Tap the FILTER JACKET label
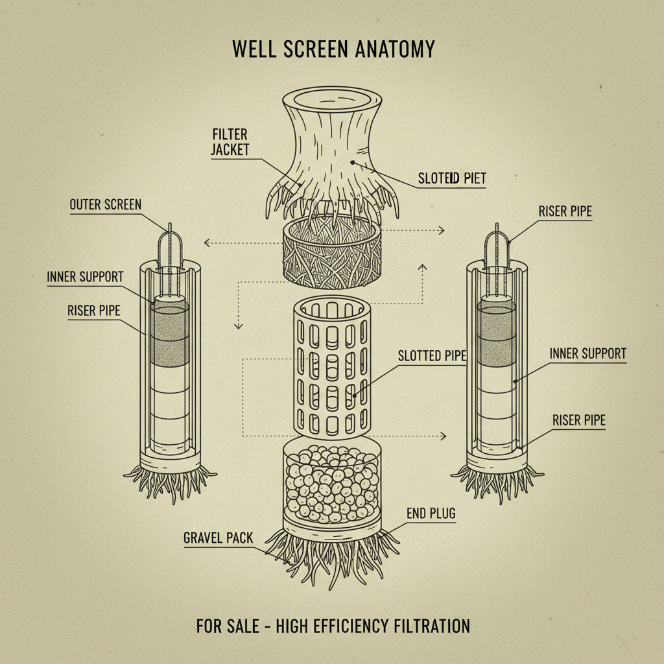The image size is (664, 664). (x=230, y=141)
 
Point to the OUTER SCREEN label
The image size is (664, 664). (x=105, y=205)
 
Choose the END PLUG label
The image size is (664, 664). (x=431, y=514)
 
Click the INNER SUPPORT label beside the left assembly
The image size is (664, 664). (x=85, y=277)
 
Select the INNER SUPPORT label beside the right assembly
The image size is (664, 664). (x=587, y=353)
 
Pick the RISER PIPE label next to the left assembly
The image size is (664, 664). (x=93, y=311)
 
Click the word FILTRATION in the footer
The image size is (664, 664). (x=431, y=626)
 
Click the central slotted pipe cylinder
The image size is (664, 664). (x=331, y=366)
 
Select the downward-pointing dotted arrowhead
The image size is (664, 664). (x=237, y=326)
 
